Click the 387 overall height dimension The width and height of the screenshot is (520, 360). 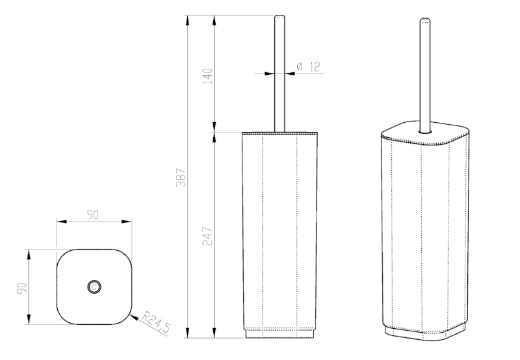point(182,177)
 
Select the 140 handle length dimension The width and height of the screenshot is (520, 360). point(207,76)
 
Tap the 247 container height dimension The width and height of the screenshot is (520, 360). point(207,236)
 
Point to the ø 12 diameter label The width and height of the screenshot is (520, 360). point(308,67)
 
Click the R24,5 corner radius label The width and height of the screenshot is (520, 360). point(156,322)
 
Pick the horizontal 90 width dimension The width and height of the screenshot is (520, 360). point(93,215)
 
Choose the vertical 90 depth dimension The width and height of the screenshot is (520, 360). point(22,288)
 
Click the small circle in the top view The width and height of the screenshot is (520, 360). point(94,287)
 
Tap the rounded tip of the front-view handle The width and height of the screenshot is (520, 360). point(279,17)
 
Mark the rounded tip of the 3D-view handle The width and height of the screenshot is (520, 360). point(425,20)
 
